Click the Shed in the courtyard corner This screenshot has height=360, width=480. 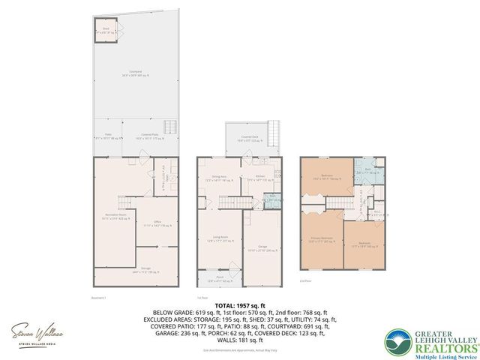point(105,31)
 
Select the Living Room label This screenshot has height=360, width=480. point(219,238)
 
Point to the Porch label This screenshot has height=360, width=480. point(220,278)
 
